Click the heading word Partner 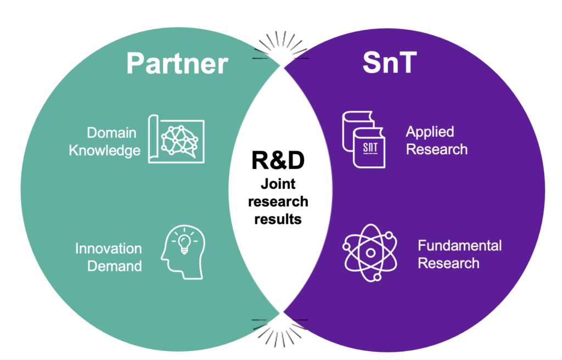[x=176, y=63]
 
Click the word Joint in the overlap [x=278, y=184]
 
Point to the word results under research [x=278, y=219]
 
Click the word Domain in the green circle [x=111, y=133]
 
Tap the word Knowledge [x=104, y=150]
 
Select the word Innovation [x=108, y=248]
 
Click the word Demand [x=115, y=266]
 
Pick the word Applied [x=430, y=132]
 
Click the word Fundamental [x=459, y=245]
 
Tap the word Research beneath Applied [x=436, y=149]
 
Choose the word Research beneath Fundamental [x=448, y=263]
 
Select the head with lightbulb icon [x=183, y=251]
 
